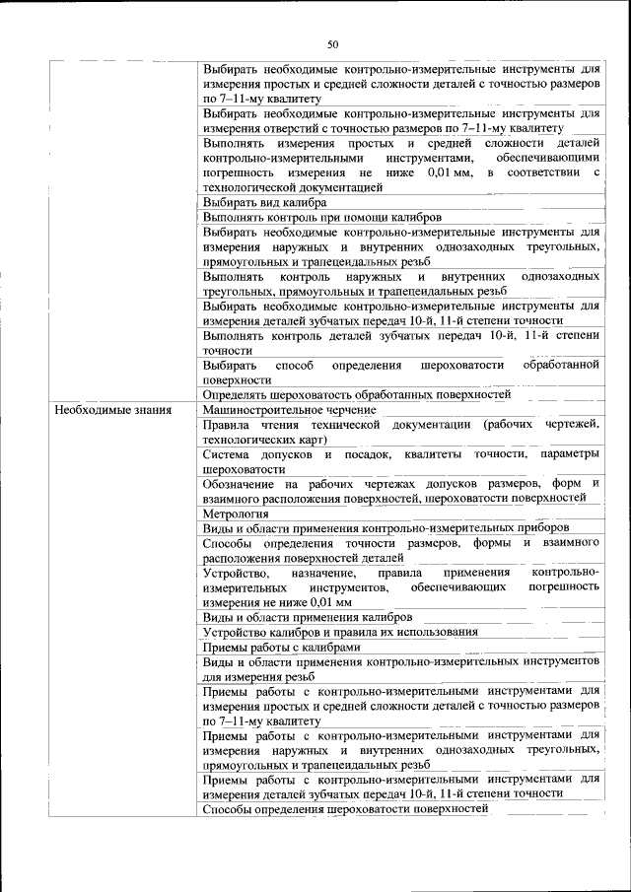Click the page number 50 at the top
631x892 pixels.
(332, 43)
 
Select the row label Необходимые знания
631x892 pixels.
(113, 409)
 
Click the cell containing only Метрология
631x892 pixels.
(236, 514)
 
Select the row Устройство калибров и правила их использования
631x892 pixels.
(340, 632)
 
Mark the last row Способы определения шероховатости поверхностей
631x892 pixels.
(345, 809)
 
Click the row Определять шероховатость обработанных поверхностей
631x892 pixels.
(356, 394)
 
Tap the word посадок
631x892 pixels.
(370, 454)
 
